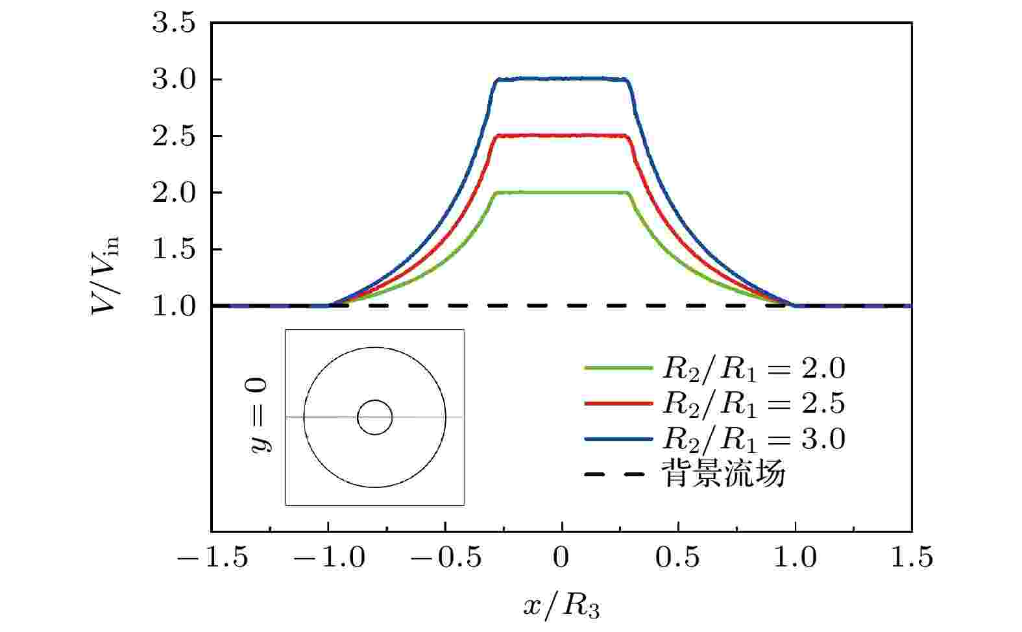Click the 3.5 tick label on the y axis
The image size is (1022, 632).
pos(173,23)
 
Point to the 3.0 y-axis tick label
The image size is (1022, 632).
pos(173,80)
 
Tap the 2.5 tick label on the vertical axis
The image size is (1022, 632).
pos(173,136)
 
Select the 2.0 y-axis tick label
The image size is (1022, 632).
pos(173,193)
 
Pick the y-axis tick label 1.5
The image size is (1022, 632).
pos(173,249)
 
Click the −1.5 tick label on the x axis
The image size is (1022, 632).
pos(212,558)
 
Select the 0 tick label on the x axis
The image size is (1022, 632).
pos(561,558)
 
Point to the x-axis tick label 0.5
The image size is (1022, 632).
pos(679,558)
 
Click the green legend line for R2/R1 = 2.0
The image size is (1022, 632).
pos(618,368)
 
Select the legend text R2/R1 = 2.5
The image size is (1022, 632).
pos(753,404)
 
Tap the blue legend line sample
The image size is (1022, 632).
pos(618,439)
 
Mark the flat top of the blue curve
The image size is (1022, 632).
pos(562,79)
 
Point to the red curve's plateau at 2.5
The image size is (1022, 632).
pos(562,135)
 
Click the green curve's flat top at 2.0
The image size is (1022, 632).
pos(562,192)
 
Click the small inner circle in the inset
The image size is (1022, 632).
pos(374,417)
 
